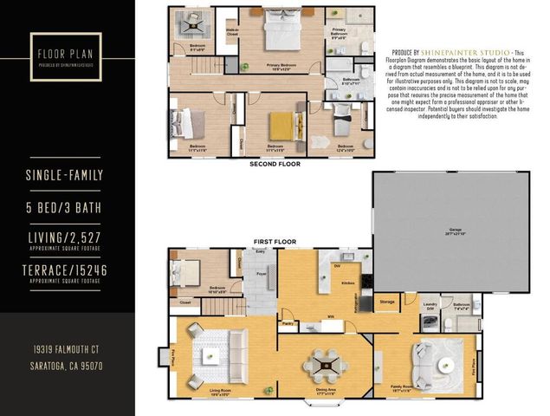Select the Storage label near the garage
coord(387,302)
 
